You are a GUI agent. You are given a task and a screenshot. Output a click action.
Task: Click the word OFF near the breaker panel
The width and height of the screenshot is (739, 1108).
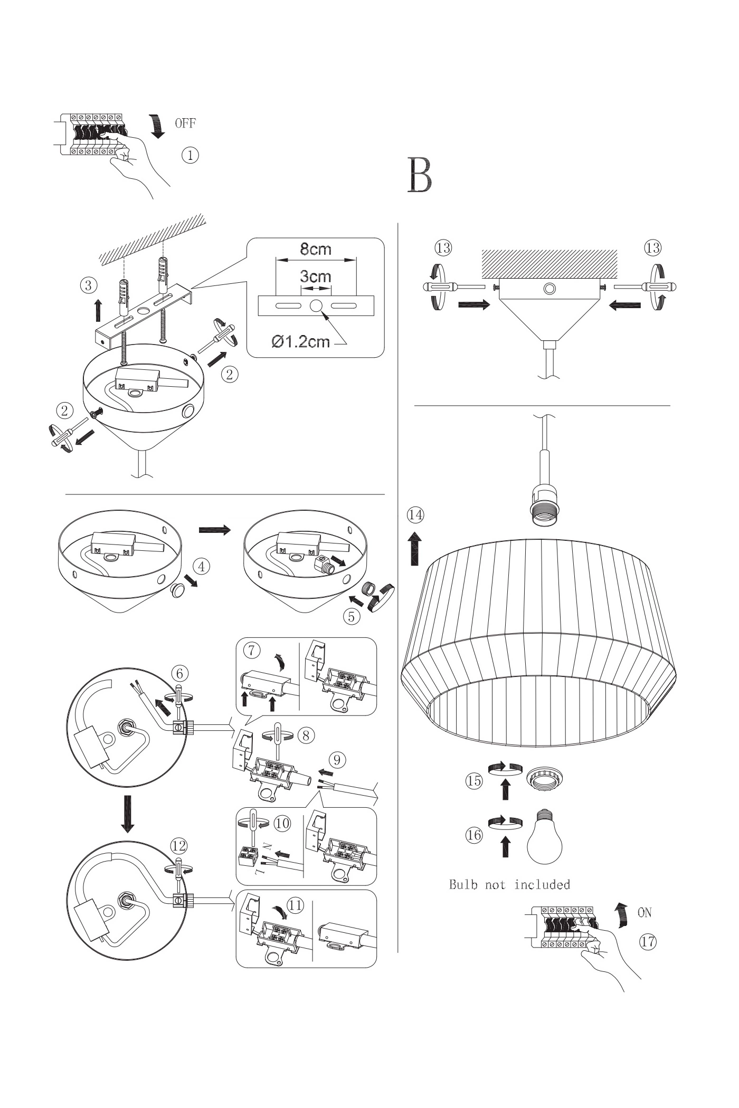[x=185, y=123]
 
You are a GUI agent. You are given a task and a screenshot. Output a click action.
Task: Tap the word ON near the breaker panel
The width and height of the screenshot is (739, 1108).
[x=645, y=912]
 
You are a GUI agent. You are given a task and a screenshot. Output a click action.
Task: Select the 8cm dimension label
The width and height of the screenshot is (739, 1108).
[x=316, y=249]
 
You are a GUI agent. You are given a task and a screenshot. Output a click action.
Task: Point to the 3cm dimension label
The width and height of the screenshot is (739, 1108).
[x=316, y=276]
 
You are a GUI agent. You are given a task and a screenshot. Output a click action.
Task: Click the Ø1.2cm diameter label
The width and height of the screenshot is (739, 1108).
[x=301, y=342]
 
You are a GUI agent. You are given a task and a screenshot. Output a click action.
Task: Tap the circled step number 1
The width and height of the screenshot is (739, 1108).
[x=190, y=155]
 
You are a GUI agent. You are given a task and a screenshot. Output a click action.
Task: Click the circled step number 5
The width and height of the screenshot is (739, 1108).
[x=351, y=616]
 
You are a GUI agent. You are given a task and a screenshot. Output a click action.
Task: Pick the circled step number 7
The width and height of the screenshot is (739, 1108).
[x=252, y=651]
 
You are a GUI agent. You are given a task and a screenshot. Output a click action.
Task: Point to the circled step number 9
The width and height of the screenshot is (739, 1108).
[x=337, y=760]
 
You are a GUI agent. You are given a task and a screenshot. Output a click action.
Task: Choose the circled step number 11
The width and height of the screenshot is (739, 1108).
[x=296, y=905]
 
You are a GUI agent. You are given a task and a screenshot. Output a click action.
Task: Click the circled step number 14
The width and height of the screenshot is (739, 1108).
[x=415, y=514]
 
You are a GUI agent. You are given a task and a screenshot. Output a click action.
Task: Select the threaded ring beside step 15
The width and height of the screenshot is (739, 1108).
[x=544, y=778]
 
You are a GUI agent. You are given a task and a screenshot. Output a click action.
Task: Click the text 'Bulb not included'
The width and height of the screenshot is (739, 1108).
[x=509, y=885]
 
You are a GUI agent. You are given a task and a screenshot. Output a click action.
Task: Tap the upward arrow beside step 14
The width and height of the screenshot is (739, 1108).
[x=415, y=549]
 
